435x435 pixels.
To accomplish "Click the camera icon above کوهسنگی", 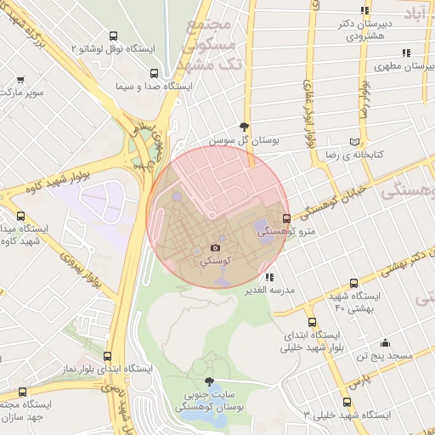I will [x=215, y=248].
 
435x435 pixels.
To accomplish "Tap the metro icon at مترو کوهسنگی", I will [x=285, y=218].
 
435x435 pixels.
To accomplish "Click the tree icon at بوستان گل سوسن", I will [x=246, y=125].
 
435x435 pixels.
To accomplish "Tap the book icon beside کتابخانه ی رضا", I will [x=364, y=142].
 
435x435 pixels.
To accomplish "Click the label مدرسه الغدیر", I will [x=269, y=290].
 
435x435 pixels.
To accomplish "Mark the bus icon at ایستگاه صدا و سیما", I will [x=127, y=85].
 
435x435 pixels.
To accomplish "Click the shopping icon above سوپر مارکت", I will [x=20, y=80].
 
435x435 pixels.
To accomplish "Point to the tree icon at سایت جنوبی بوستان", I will [x=210, y=382].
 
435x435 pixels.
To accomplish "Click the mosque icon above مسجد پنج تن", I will [x=386, y=343].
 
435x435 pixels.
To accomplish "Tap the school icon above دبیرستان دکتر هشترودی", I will [x=364, y=11].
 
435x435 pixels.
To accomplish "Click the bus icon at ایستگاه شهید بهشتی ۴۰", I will [x=354, y=284].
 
